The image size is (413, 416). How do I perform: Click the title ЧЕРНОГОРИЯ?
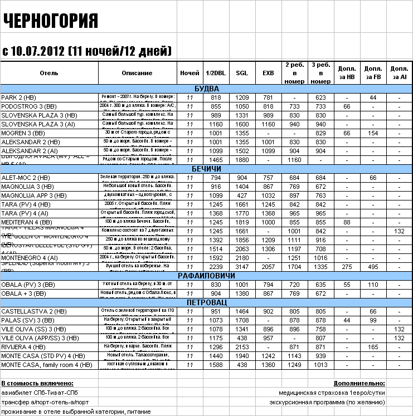tap(51, 21)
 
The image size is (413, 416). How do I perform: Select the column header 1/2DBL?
tap(216, 73)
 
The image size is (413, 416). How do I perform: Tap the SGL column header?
tap(242, 73)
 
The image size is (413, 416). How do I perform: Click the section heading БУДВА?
tap(206, 89)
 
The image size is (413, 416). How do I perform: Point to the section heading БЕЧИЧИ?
tap(206, 169)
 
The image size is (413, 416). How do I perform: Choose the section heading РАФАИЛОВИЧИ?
tap(206, 276)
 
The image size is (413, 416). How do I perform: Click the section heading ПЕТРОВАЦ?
tap(206, 302)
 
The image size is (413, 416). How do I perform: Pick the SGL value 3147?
tap(242, 267)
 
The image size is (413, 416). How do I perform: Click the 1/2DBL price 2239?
tap(216, 267)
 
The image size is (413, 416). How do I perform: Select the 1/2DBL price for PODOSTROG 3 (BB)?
tap(216, 106)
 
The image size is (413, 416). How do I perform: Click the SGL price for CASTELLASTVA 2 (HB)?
tap(242, 311)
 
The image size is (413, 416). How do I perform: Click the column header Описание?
tap(137, 73)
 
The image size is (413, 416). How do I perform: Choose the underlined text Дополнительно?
tap(359, 383)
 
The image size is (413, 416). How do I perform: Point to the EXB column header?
tap(268, 73)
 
